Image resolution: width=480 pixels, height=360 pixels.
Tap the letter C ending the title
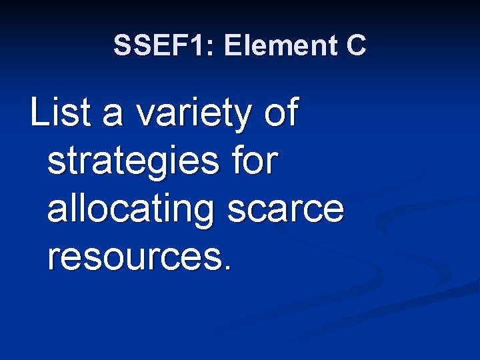[356, 45]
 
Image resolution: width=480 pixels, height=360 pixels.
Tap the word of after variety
[282, 113]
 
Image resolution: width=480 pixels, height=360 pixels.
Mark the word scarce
[287, 211]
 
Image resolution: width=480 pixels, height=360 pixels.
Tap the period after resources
[229, 267]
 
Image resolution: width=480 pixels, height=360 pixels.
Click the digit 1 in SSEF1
[199, 45]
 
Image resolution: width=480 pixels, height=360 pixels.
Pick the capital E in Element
[234, 45]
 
